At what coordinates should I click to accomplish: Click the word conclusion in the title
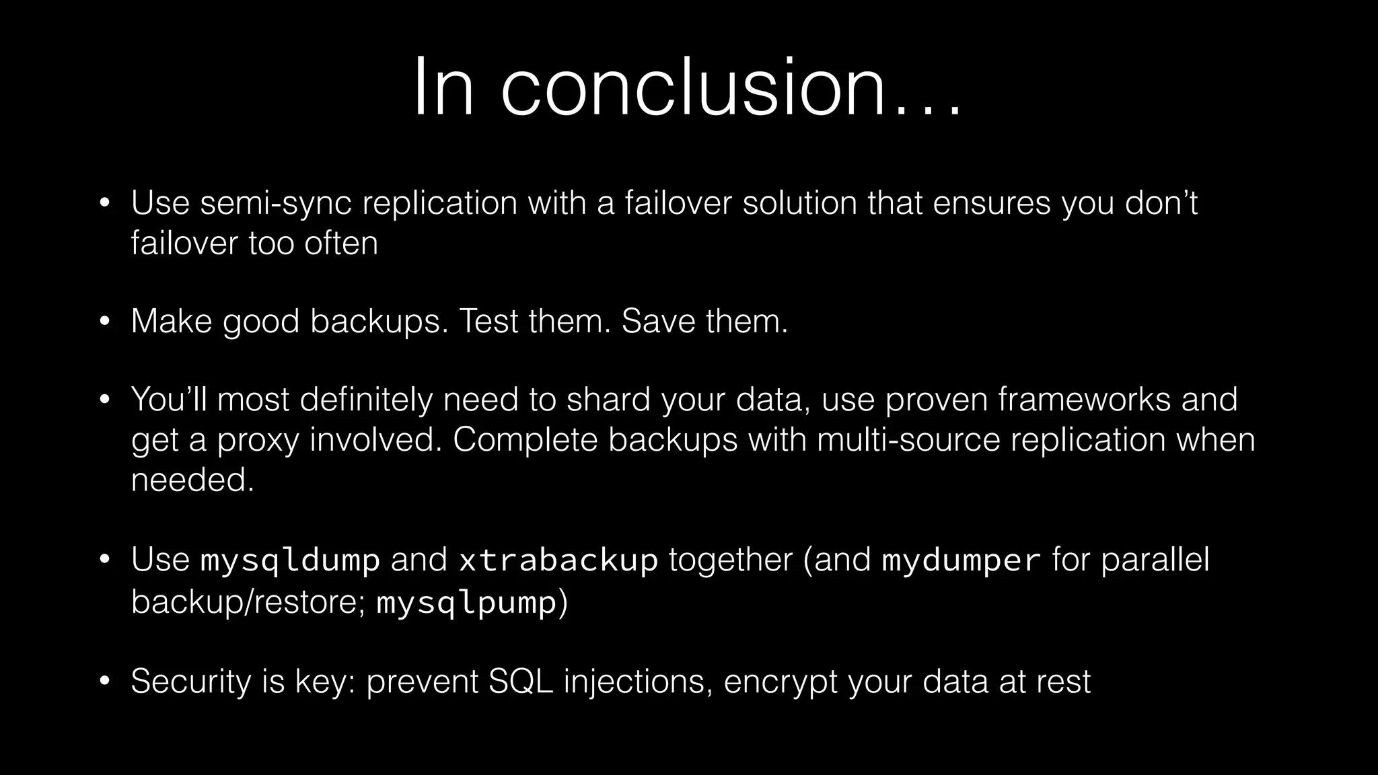click(693, 88)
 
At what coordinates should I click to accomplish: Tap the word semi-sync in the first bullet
click(276, 203)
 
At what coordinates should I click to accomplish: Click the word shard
click(608, 400)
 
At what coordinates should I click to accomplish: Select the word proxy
click(257, 441)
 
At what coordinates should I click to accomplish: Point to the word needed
click(192, 480)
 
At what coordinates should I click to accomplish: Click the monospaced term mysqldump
click(291, 560)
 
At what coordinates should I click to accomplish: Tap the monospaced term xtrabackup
click(558, 560)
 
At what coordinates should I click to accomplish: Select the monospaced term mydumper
click(962, 560)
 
